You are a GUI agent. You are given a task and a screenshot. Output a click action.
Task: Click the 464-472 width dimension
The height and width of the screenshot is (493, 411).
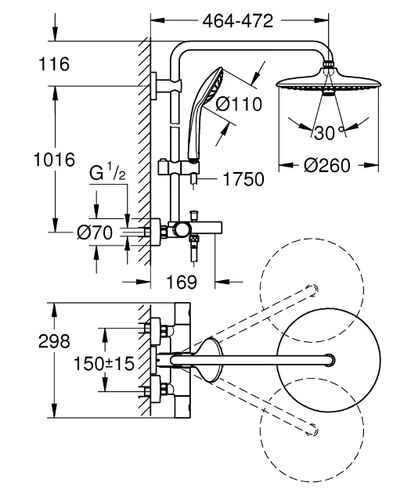point(240,22)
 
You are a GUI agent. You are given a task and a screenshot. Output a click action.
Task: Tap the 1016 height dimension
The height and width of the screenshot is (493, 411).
point(54,160)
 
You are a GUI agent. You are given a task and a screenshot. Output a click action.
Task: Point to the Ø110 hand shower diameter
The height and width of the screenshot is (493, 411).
point(233,105)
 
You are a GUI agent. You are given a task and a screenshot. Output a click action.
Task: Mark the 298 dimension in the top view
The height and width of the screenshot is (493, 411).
point(54,342)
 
